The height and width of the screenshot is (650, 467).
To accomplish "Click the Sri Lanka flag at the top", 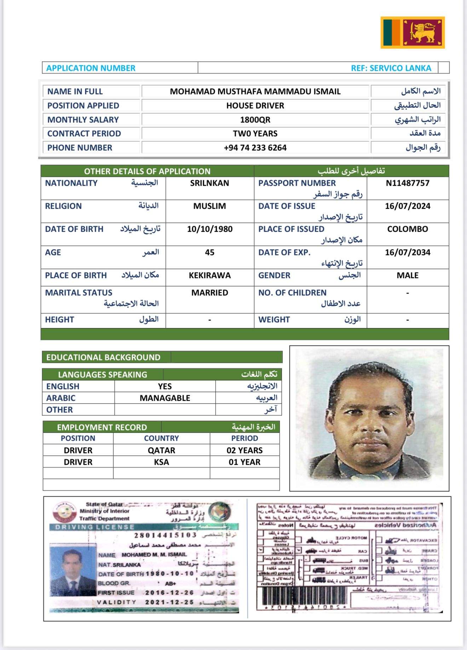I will [x=413, y=33].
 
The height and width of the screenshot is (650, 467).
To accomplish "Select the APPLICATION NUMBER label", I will [x=91, y=68].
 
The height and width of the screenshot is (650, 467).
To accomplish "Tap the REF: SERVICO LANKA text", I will [x=391, y=68].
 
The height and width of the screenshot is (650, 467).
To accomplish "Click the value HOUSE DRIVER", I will [x=255, y=105].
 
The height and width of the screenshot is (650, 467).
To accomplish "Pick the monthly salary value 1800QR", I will [x=255, y=120].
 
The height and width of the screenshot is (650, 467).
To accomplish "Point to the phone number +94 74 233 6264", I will [x=255, y=147].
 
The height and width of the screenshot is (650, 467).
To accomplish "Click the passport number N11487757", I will [x=408, y=183].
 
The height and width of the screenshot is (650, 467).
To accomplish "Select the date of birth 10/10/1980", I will [x=210, y=229].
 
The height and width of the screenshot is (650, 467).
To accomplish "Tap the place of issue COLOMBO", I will [x=408, y=229].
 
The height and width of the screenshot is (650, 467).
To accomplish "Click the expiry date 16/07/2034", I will [x=408, y=252].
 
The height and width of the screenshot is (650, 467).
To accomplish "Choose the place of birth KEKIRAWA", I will [x=210, y=275].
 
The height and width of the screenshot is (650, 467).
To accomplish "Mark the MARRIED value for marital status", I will [x=210, y=292].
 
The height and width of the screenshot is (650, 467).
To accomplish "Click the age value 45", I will [x=210, y=252].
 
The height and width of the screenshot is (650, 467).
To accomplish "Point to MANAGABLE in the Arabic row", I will [x=165, y=398].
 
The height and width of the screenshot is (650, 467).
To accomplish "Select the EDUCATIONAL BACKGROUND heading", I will [x=103, y=357].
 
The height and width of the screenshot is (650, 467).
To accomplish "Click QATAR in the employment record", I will [x=161, y=450].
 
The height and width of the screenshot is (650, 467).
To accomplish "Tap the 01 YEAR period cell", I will [x=244, y=462].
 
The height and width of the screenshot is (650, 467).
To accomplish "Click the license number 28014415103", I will [x=165, y=535].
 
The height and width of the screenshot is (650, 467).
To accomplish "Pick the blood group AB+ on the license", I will [x=171, y=584].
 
